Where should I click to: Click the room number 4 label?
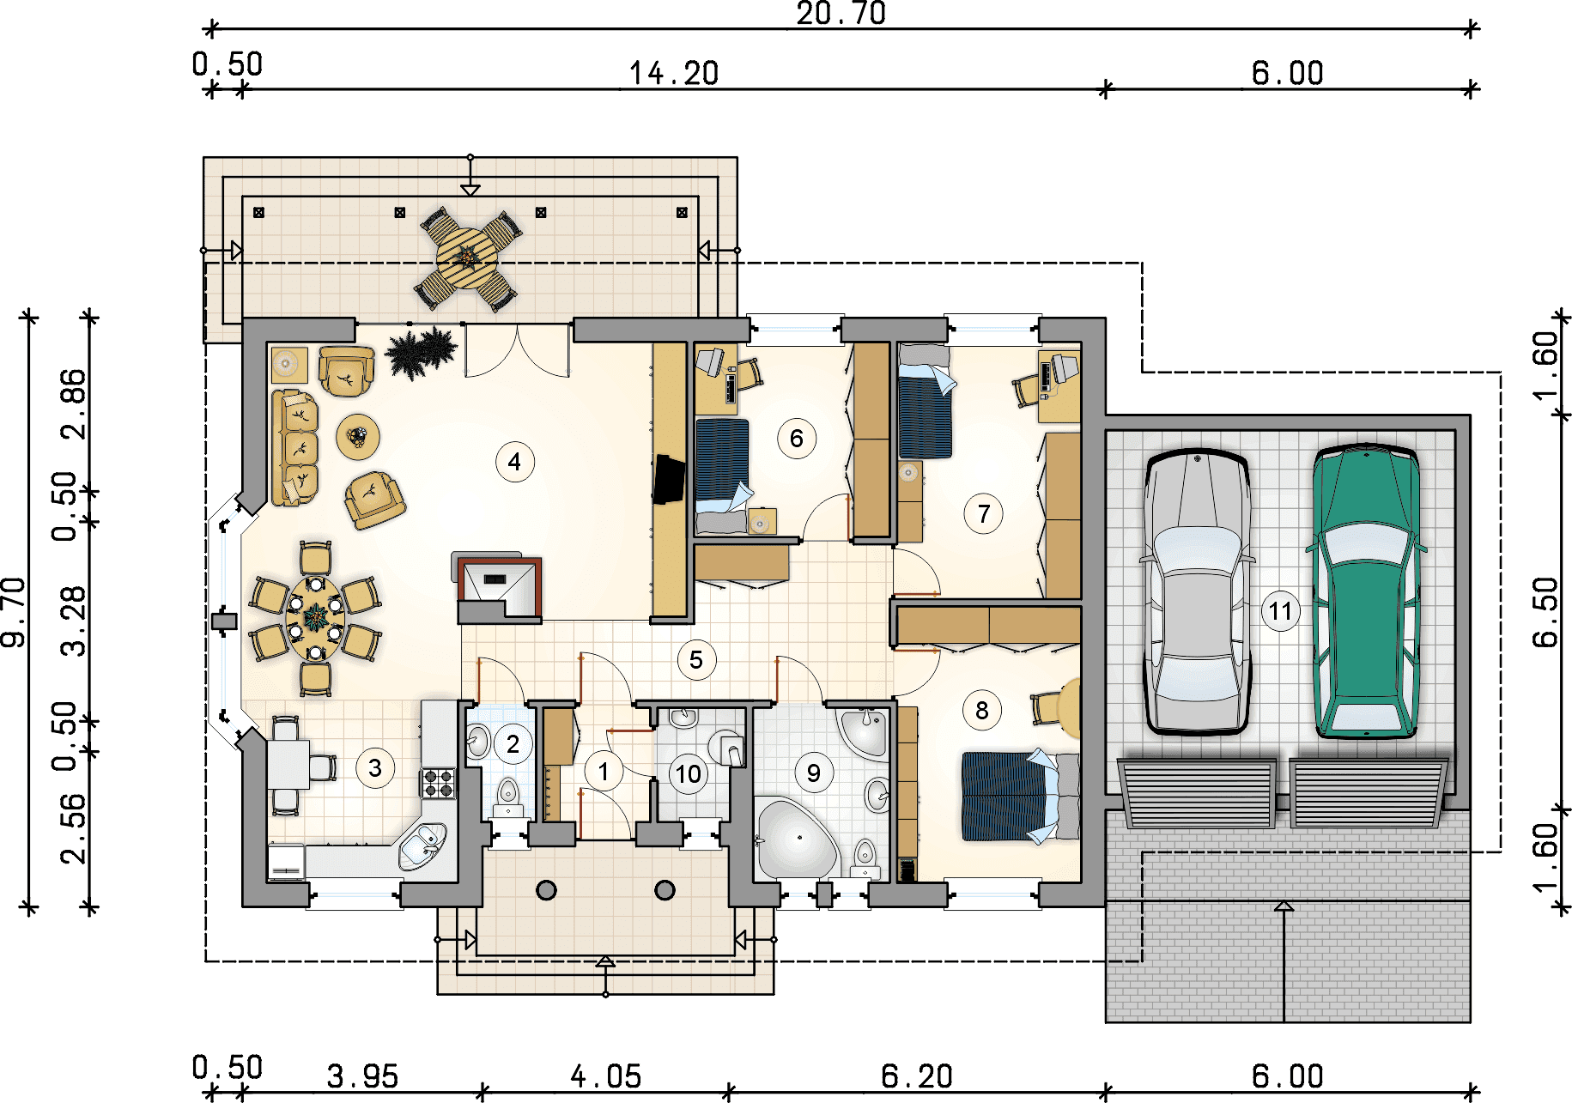[x=514, y=462]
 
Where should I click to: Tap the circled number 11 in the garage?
[x=1280, y=611]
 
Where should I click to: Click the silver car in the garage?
[x=1197, y=592]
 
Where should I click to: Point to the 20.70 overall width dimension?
[x=841, y=14]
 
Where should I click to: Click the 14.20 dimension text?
[x=674, y=74]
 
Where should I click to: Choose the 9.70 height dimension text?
[x=15, y=612]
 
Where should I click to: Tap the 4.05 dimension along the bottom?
[x=606, y=1076]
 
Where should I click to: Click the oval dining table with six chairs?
[x=315, y=618]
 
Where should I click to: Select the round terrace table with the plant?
[x=468, y=258]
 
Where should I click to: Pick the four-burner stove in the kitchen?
[x=439, y=783]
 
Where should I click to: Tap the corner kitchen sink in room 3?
[x=422, y=845]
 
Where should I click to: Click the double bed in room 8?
[x=1021, y=797]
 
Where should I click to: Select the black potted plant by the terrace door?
[x=421, y=352]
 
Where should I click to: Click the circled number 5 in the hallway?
[x=696, y=660]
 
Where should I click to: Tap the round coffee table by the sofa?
[x=358, y=437]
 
